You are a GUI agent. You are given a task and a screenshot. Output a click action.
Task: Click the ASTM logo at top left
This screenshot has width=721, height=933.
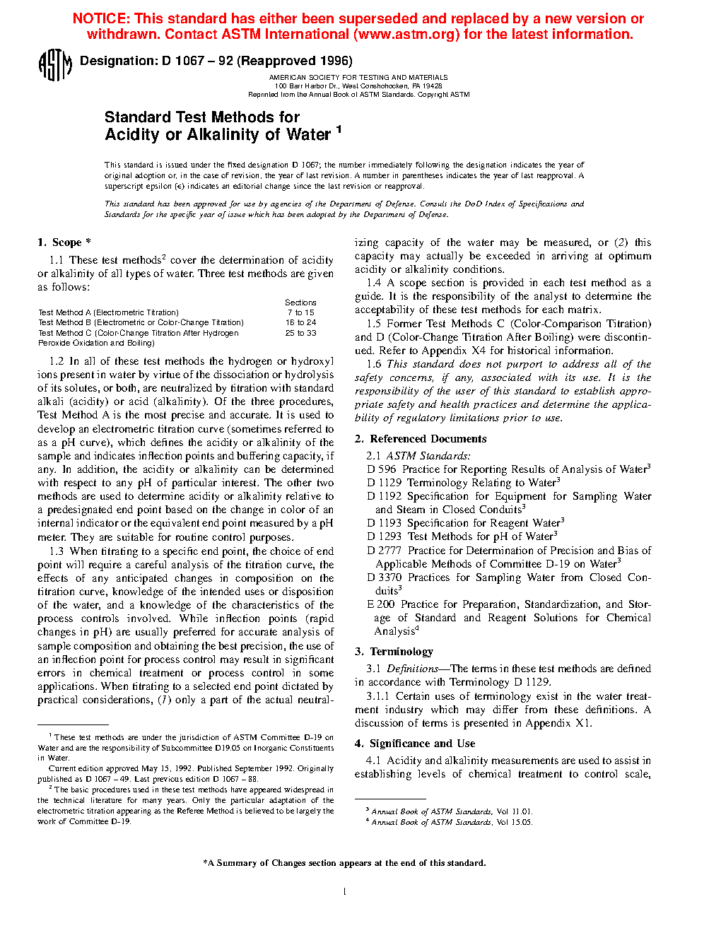(54, 65)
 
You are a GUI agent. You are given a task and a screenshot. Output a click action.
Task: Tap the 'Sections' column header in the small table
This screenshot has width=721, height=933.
(300, 303)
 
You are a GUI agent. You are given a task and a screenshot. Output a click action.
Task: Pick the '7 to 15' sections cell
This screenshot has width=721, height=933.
(300, 312)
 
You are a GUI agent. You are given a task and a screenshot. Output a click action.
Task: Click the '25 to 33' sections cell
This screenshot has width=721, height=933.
(300, 333)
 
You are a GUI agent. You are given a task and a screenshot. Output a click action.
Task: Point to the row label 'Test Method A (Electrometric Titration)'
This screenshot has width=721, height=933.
(108, 312)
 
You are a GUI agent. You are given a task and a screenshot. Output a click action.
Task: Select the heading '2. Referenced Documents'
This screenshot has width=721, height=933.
(421, 439)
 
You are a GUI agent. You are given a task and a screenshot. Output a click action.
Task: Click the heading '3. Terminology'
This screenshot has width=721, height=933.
(394, 652)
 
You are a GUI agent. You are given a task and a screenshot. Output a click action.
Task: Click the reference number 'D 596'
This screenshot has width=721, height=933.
(382, 469)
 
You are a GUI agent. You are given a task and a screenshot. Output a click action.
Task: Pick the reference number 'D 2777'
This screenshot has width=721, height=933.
(385, 551)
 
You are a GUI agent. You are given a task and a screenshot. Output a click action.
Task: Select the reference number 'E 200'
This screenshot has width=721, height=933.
(381, 604)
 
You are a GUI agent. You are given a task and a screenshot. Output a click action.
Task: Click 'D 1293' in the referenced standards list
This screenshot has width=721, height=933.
(385, 536)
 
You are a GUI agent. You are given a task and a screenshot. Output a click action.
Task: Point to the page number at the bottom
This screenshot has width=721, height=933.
(344, 892)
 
